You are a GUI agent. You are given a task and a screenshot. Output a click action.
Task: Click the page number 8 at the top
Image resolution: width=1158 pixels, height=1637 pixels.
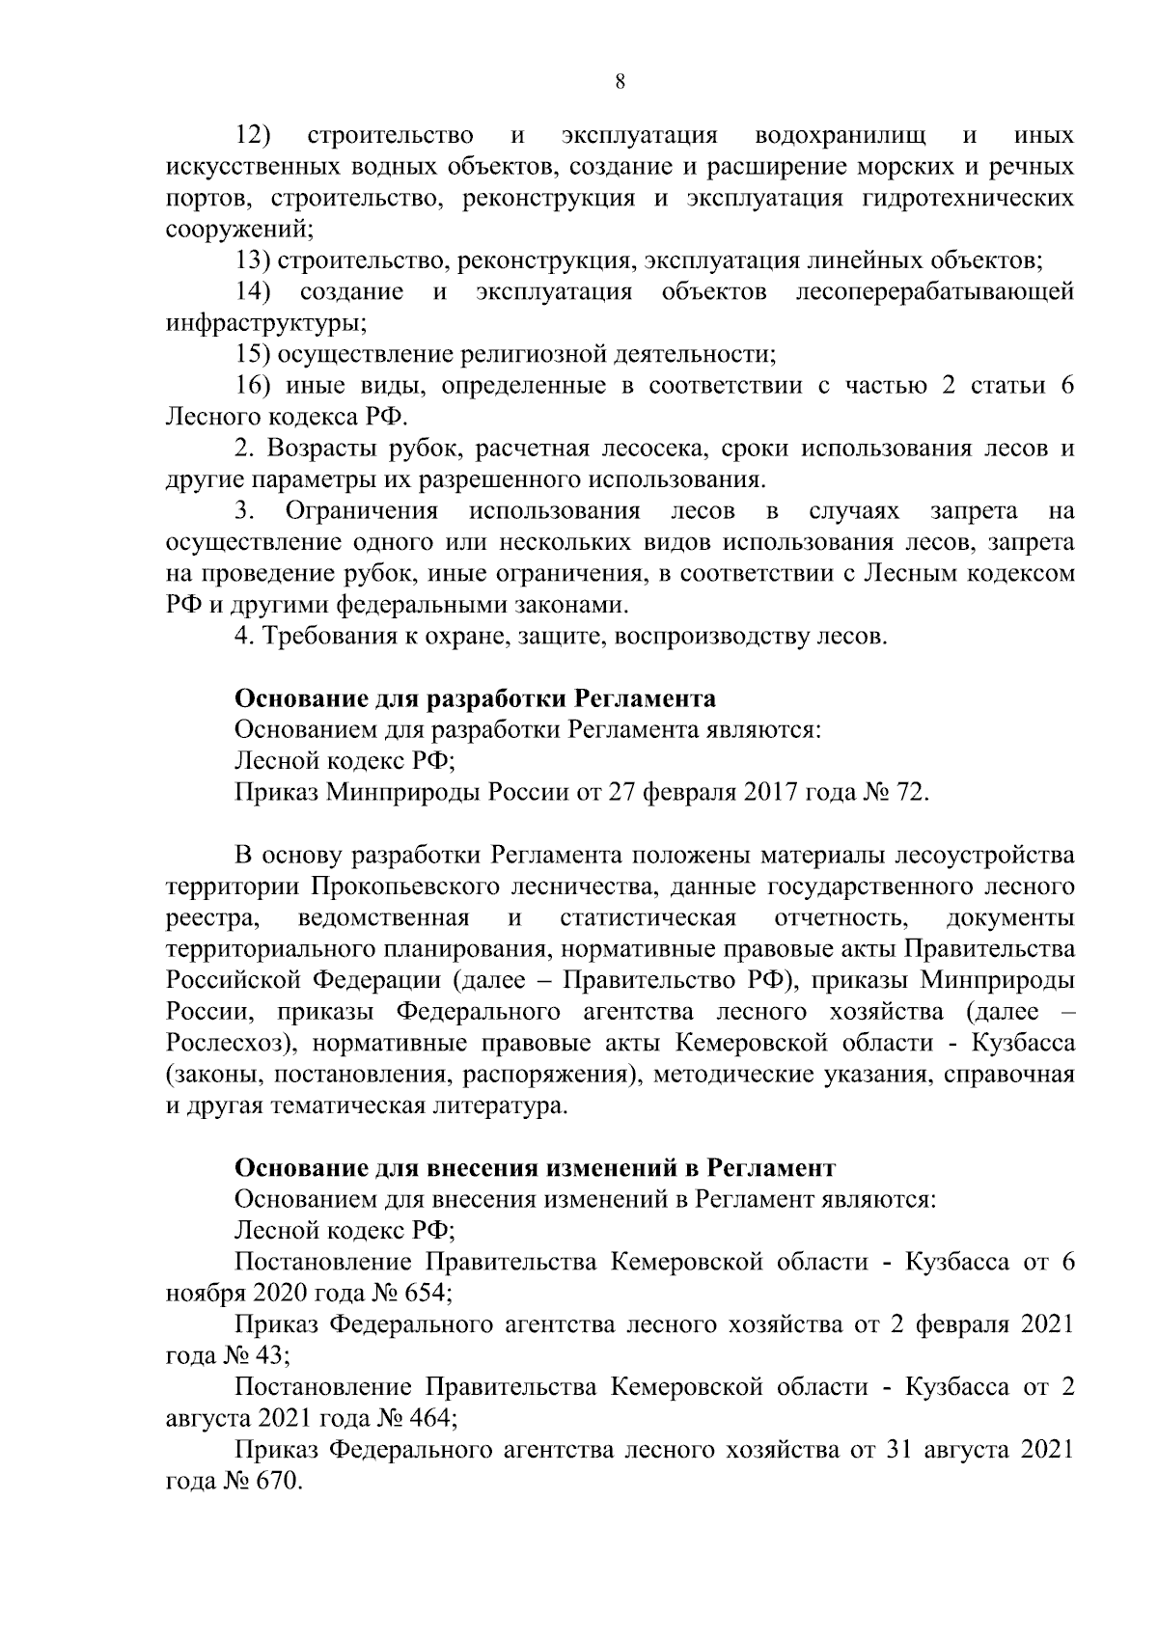coord(620,83)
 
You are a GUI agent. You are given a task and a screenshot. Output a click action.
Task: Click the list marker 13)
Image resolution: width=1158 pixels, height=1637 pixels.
coord(252,261)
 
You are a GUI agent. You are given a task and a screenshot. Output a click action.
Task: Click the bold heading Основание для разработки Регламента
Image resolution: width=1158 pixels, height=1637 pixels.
coord(476,699)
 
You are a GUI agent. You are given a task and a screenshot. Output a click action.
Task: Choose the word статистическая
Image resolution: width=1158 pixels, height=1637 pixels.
coord(648,917)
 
